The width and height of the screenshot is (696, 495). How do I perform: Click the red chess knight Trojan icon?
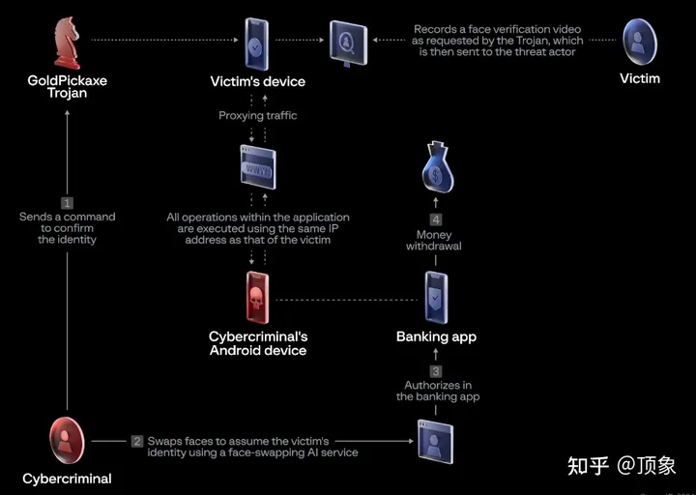point(67,41)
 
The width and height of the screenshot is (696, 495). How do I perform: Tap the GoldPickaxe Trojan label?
point(67,87)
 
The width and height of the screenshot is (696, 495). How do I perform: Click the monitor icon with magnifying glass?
point(347,41)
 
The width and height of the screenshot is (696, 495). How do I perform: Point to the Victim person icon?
point(639,41)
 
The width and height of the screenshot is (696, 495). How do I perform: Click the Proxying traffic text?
point(258,116)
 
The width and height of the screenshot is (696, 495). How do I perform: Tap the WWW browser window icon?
point(257,171)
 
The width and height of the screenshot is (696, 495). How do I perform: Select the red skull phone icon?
point(257,299)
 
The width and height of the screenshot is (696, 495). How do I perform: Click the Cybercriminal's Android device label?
point(258,343)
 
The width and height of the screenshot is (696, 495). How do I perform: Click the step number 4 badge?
point(435,218)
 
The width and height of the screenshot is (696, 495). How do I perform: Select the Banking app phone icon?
point(436,297)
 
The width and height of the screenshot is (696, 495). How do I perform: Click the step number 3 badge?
point(436,371)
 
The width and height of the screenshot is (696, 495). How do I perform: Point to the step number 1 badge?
point(67,203)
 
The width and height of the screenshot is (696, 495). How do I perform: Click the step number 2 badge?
point(137,441)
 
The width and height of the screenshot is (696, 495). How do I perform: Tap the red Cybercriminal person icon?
point(67,441)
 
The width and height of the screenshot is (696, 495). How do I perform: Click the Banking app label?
point(436,337)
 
